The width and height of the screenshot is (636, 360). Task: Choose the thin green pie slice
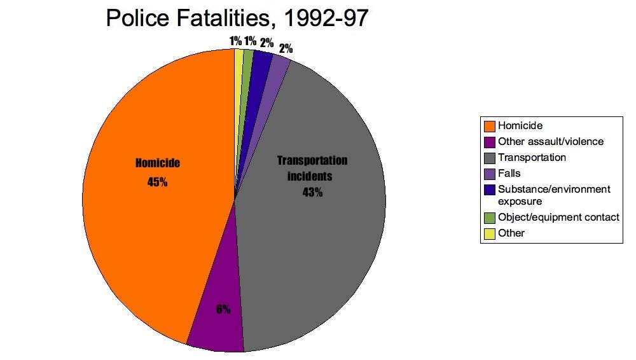(x=247, y=59)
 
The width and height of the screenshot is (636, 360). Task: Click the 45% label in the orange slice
(x=157, y=183)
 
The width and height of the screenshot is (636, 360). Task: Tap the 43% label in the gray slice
(x=312, y=192)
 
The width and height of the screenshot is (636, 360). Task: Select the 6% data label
(x=223, y=310)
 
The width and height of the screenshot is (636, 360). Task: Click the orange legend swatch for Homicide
(x=489, y=126)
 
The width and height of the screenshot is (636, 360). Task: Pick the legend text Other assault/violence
(x=551, y=141)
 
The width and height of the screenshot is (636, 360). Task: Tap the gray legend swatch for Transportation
(x=489, y=157)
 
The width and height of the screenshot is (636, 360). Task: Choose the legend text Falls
(x=509, y=172)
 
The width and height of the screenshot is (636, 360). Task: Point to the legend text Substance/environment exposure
(x=554, y=195)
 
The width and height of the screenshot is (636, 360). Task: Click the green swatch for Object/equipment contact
(x=489, y=218)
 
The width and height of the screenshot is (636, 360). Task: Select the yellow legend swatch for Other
(x=489, y=233)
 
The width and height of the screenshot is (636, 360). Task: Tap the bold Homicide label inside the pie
(x=158, y=163)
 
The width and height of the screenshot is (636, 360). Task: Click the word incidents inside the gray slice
(x=312, y=176)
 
